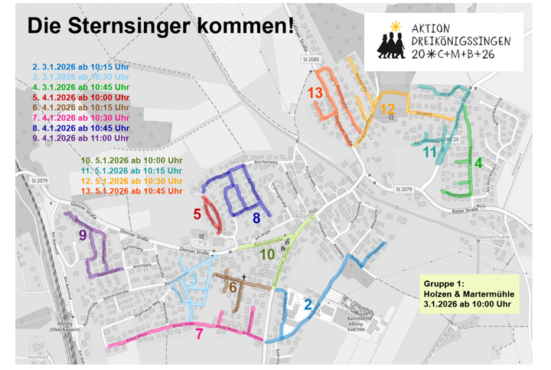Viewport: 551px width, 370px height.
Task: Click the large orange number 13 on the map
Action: pos(315,93)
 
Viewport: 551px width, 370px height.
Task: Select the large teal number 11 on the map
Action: pos(430,152)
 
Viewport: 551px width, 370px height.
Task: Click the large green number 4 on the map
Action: pos(478,163)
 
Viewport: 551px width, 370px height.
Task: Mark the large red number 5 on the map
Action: pos(197,215)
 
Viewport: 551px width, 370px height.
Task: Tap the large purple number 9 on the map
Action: pos(83,235)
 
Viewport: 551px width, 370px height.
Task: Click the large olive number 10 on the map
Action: pos(268,255)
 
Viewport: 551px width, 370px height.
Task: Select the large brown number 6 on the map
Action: pos(233,287)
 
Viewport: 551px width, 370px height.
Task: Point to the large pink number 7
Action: pos(199,333)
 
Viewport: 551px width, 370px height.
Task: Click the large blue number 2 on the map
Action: pos(308,305)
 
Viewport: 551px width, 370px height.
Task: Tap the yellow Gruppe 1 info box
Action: pos(467,294)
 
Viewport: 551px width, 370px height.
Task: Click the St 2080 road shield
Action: pos(308,60)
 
